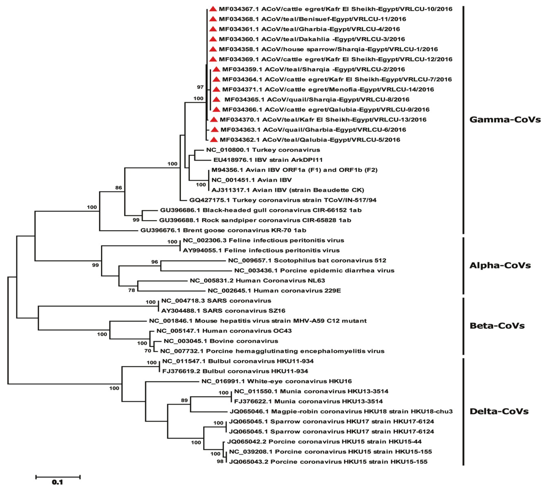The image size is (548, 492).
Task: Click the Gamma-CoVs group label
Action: tap(505, 119)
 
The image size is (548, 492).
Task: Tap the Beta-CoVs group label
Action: tap(497, 325)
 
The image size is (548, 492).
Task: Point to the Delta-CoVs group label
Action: tap(499, 411)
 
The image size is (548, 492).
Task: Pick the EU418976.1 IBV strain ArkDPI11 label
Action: tap(268, 160)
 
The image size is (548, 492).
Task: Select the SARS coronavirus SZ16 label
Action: tap(223, 311)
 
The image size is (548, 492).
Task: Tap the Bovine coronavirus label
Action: tap(221, 341)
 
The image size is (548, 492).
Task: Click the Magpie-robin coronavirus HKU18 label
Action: tap(341, 411)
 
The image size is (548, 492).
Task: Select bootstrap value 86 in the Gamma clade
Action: tap(119, 188)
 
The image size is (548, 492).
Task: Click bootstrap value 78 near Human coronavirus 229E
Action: tap(132, 290)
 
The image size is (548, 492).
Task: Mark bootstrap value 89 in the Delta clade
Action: tap(184, 400)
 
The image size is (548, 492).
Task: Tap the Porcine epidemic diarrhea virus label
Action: tap(314, 271)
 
